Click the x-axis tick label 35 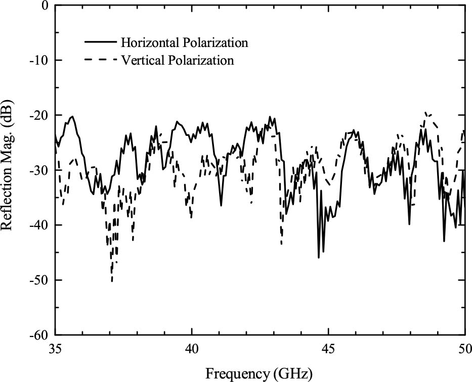tap(56, 349)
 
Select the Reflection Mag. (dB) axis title tap(9, 171)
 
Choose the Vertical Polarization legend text tap(178, 60)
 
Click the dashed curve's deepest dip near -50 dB tap(112, 281)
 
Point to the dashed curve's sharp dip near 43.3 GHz tap(281, 244)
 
